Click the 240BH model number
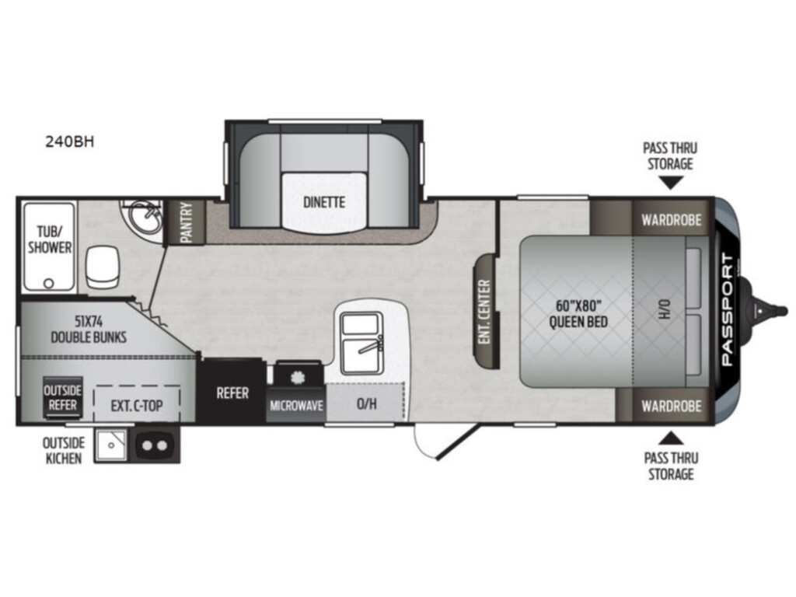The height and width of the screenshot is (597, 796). click(69, 141)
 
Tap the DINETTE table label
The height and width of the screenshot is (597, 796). click(324, 202)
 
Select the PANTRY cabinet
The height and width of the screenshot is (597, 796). click(186, 222)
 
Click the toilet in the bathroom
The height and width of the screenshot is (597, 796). click(102, 267)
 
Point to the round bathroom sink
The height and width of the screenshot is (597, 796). click(144, 217)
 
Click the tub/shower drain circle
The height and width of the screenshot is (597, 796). click(49, 283)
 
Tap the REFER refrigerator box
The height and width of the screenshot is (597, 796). click(232, 392)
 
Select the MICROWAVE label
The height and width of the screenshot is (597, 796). click(296, 405)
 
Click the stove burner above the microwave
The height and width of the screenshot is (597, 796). click(298, 376)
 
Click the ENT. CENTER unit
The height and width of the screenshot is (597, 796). click(487, 311)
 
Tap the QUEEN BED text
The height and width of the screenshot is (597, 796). click(578, 321)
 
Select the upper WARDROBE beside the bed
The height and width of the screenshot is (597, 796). click(671, 220)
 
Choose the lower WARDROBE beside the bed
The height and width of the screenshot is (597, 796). click(671, 406)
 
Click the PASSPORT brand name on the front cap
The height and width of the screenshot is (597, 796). click(727, 309)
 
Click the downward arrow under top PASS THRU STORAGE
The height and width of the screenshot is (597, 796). click(670, 183)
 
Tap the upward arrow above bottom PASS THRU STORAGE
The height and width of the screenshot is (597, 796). click(671, 438)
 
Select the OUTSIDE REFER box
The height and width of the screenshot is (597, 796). click(62, 397)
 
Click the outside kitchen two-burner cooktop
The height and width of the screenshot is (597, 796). click(155, 445)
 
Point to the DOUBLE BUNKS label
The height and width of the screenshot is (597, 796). click(89, 337)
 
